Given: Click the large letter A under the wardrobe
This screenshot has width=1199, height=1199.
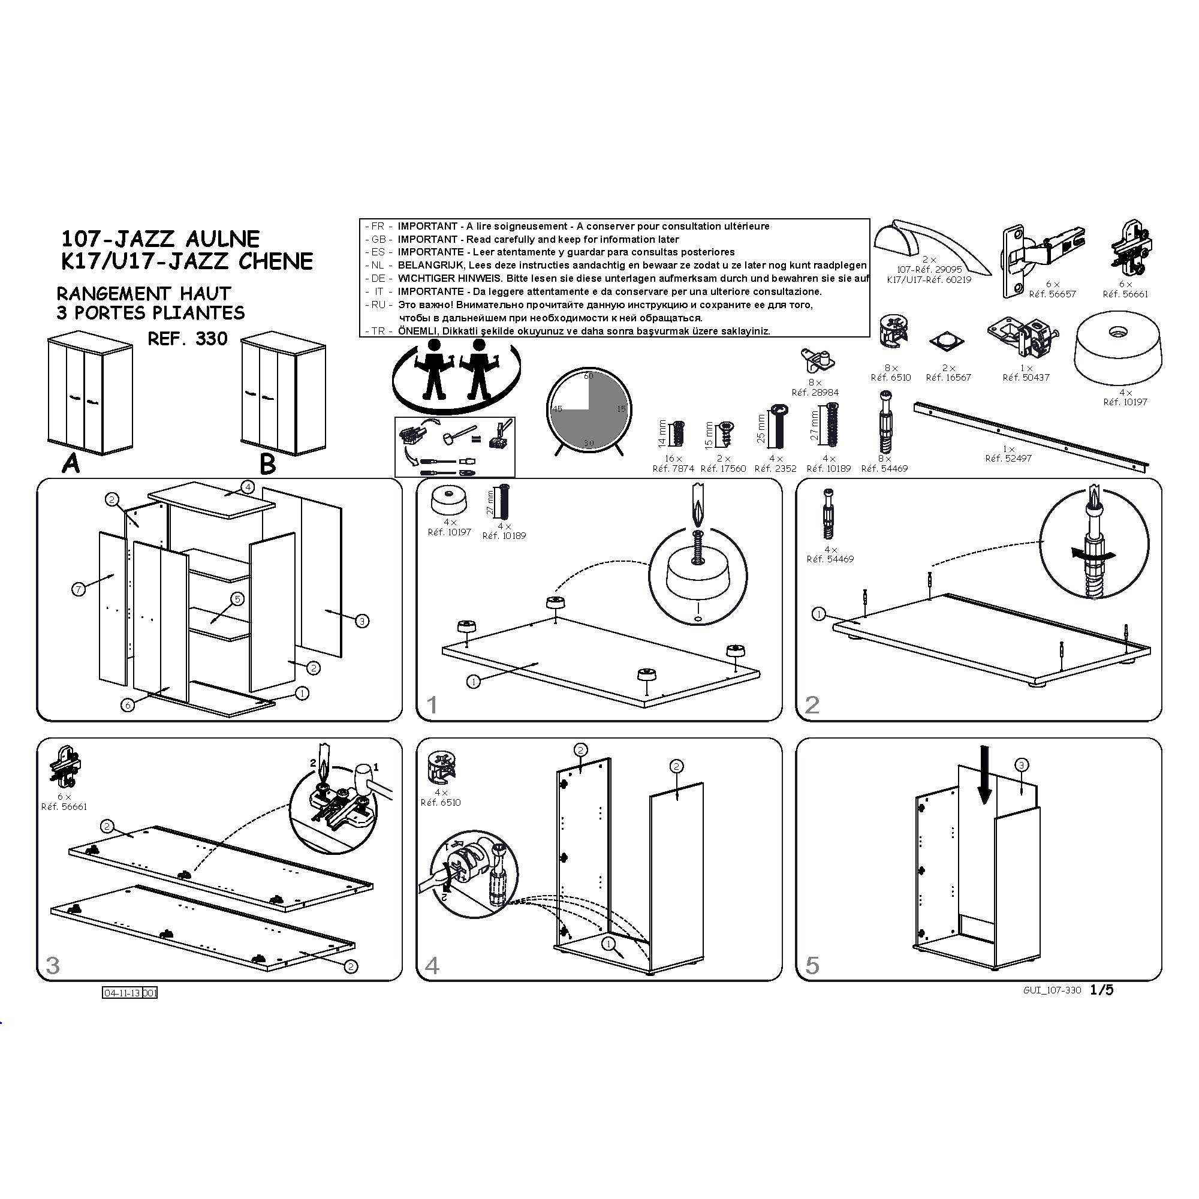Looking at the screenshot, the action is click(71, 463).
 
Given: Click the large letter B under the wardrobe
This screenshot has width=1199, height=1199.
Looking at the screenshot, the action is click(267, 463).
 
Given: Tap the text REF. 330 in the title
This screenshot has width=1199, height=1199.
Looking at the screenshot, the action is click(188, 339).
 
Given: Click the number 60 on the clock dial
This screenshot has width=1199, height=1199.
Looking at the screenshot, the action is click(588, 375).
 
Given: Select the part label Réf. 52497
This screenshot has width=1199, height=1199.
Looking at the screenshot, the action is click(1008, 459).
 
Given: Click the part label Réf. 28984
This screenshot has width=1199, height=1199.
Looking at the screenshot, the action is click(815, 393).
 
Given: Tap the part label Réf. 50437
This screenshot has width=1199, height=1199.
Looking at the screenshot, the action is click(1026, 377).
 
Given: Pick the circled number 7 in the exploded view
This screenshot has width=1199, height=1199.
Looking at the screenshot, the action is click(79, 589).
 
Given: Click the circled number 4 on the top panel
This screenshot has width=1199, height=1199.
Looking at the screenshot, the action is click(248, 487).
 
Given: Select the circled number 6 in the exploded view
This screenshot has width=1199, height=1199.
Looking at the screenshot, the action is click(128, 705).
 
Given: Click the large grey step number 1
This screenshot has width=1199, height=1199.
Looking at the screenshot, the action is click(433, 705).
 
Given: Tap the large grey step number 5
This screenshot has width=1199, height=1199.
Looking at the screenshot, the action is click(812, 965).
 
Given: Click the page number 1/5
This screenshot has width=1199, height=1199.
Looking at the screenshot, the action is click(1101, 989).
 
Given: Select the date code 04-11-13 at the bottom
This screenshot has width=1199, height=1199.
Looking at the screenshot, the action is click(122, 993).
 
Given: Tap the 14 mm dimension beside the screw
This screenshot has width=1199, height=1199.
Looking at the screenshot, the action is click(662, 433).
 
